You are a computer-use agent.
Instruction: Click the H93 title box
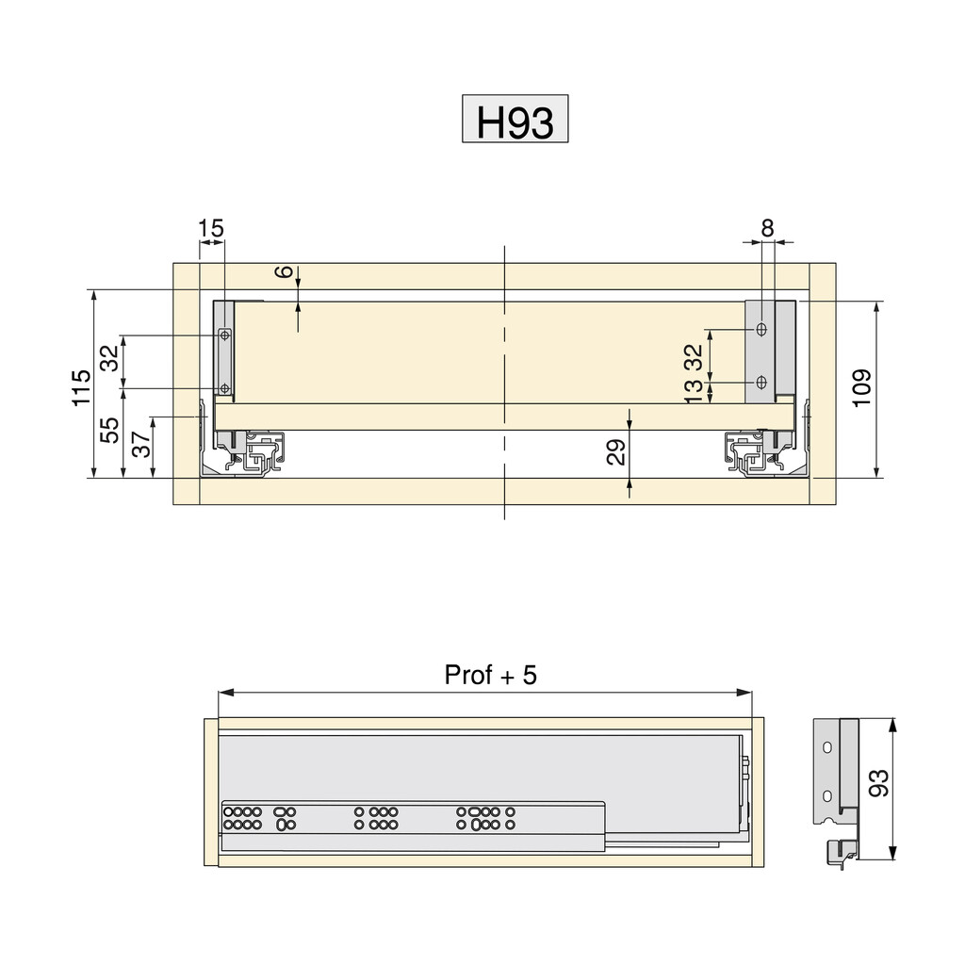(x=515, y=119)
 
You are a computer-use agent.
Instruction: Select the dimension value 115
(x=81, y=387)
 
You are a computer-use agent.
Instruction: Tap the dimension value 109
(x=862, y=387)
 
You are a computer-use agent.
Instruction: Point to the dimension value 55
(x=110, y=430)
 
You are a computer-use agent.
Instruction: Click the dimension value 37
(x=141, y=444)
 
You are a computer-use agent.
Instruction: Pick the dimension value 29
(x=616, y=451)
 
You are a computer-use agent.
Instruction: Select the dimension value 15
(x=211, y=228)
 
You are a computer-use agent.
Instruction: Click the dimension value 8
(x=767, y=228)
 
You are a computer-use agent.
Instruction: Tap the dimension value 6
(x=285, y=271)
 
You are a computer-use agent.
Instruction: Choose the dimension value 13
(x=694, y=391)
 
